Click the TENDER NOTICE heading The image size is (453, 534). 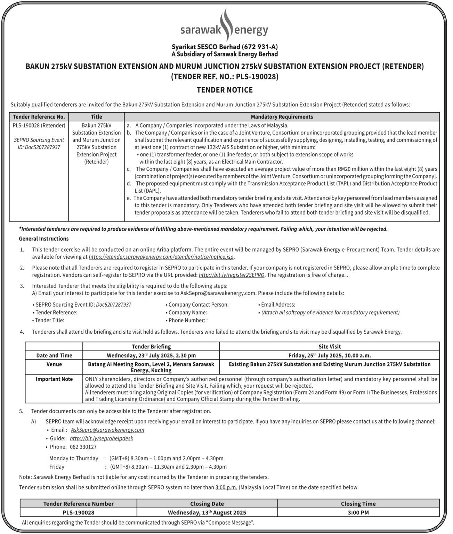click(225, 90)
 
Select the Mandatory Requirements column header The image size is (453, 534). click(282, 117)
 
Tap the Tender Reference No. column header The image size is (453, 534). click(39, 117)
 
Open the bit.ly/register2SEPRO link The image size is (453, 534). click(232, 275)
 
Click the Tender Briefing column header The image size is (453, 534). click(151, 347)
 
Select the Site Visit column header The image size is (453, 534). click(329, 347)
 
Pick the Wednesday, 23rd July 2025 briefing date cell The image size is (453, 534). click(151, 355)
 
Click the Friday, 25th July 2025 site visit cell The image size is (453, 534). click(329, 355)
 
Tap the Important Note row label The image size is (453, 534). click(54, 379)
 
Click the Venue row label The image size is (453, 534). click(54, 364)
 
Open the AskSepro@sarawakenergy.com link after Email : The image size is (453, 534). click(107, 430)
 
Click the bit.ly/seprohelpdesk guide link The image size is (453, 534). click(101, 438)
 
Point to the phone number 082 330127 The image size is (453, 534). click(83, 447)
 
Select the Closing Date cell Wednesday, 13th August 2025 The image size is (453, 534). click(207, 512)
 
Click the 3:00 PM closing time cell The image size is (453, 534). click(358, 512)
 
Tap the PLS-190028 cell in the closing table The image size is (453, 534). click(78, 512)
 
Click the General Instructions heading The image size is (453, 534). click(44, 238)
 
